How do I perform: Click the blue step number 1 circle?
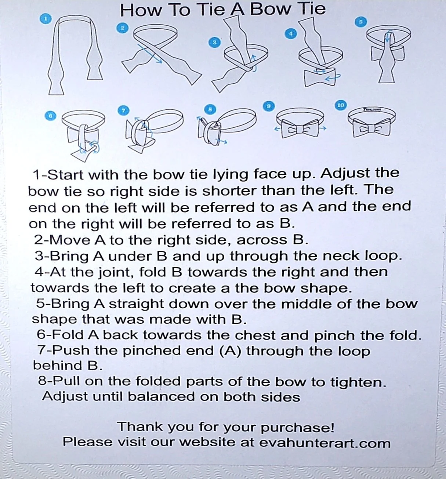click(x=46, y=19)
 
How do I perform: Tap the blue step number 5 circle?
click(x=360, y=22)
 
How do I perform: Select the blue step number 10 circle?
click(x=340, y=105)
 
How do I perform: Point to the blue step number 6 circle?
click(x=50, y=116)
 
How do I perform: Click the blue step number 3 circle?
click(x=214, y=43)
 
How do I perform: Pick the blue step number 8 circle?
click(x=210, y=110)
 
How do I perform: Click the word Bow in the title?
click(x=270, y=10)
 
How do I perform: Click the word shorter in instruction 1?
click(x=229, y=191)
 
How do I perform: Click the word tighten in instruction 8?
click(x=358, y=382)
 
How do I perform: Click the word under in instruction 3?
click(x=130, y=256)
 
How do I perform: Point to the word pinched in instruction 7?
click(x=152, y=351)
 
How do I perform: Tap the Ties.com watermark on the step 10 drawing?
click(x=372, y=109)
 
